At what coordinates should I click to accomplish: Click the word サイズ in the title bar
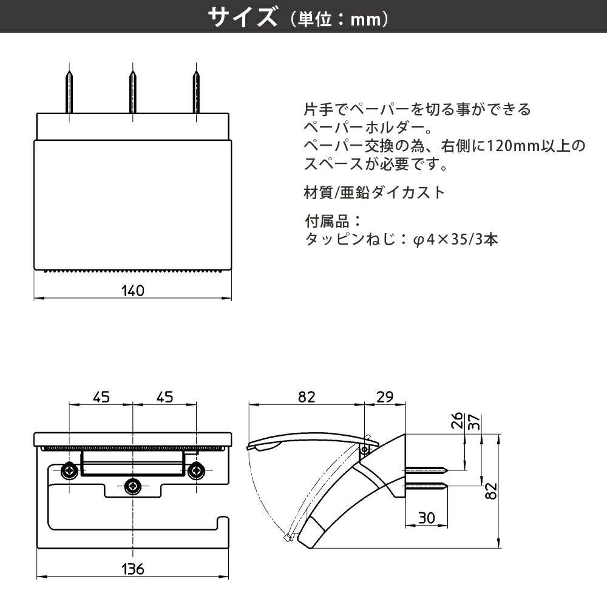[242, 18]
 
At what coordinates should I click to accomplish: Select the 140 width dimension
[132, 291]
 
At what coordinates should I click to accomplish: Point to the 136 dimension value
[132, 569]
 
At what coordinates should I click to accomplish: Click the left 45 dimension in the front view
[101, 397]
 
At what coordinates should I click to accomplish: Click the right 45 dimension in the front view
[164, 397]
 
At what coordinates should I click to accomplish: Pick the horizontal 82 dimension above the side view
[307, 397]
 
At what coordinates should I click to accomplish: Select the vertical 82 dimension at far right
[492, 490]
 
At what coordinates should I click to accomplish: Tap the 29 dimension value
[384, 397]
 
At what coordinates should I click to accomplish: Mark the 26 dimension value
[457, 420]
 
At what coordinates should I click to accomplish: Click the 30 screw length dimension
[427, 518]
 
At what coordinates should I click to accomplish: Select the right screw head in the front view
[195, 470]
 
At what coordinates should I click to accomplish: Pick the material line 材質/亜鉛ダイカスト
[374, 193]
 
